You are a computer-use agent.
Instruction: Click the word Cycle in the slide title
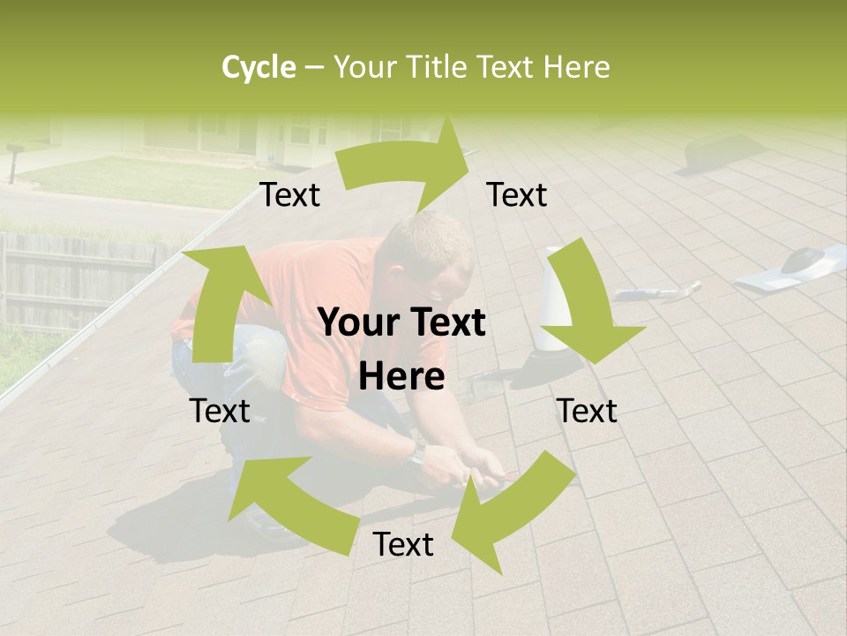click(259, 67)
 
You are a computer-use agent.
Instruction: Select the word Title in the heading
click(441, 67)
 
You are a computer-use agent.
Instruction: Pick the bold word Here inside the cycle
click(401, 377)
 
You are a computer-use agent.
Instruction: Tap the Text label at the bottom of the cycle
click(403, 545)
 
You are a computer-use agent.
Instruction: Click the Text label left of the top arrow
click(289, 195)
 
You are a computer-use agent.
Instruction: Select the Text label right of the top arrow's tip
click(517, 195)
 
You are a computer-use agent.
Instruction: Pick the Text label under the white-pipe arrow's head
click(587, 411)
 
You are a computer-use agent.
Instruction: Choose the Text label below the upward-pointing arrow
click(220, 411)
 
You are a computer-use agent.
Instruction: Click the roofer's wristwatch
click(417, 454)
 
